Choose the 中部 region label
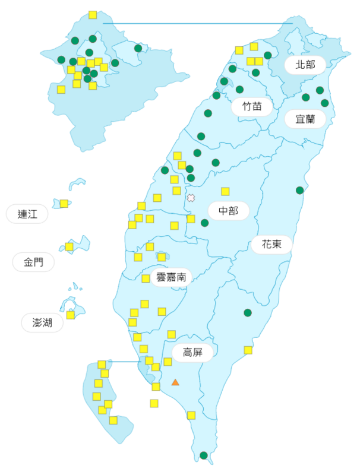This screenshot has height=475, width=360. [228, 211]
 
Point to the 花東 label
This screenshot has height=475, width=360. [271, 244]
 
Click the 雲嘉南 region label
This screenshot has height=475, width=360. [172, 276]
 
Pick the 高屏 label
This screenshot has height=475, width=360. [192, 353]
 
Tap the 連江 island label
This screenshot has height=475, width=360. [27, 214]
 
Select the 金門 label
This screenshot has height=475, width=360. [34, 262]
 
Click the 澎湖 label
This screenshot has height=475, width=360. [42, 322]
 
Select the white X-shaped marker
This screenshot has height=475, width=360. [191, 198]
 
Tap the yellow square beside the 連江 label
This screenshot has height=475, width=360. [64, 204]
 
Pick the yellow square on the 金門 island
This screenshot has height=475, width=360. [70, 246]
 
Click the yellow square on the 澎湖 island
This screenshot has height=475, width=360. [71, 315]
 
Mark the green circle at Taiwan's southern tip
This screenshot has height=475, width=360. [204, 455]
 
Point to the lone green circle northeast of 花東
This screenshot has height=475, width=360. [300, 190]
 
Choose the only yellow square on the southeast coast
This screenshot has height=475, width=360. [248, 350]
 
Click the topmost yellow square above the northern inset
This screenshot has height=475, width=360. [93, 15]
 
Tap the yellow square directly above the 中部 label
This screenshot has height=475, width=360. [226, 191]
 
